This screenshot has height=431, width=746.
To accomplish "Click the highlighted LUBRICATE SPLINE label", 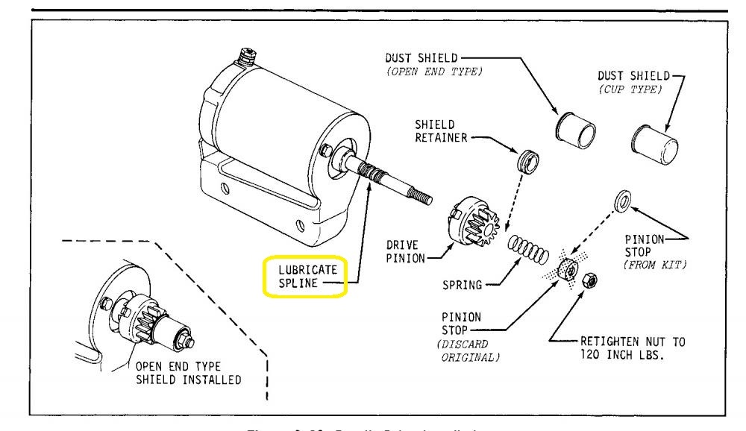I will click(304, 276).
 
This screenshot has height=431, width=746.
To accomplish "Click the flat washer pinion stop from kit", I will click(622, 200).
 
